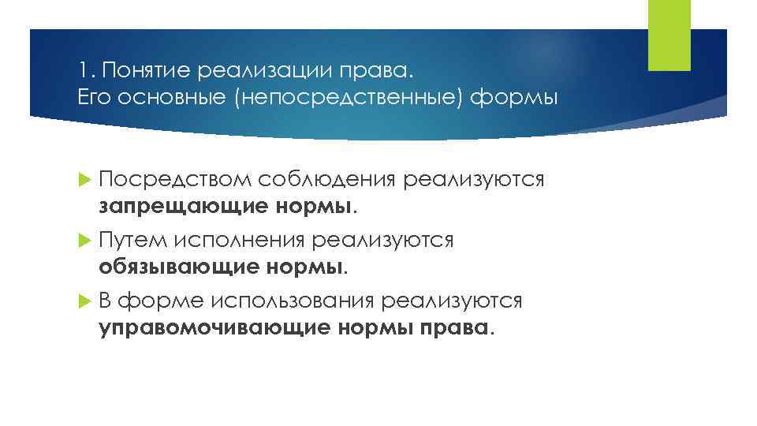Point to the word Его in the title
point(93,99)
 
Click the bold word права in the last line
point(459,327)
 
